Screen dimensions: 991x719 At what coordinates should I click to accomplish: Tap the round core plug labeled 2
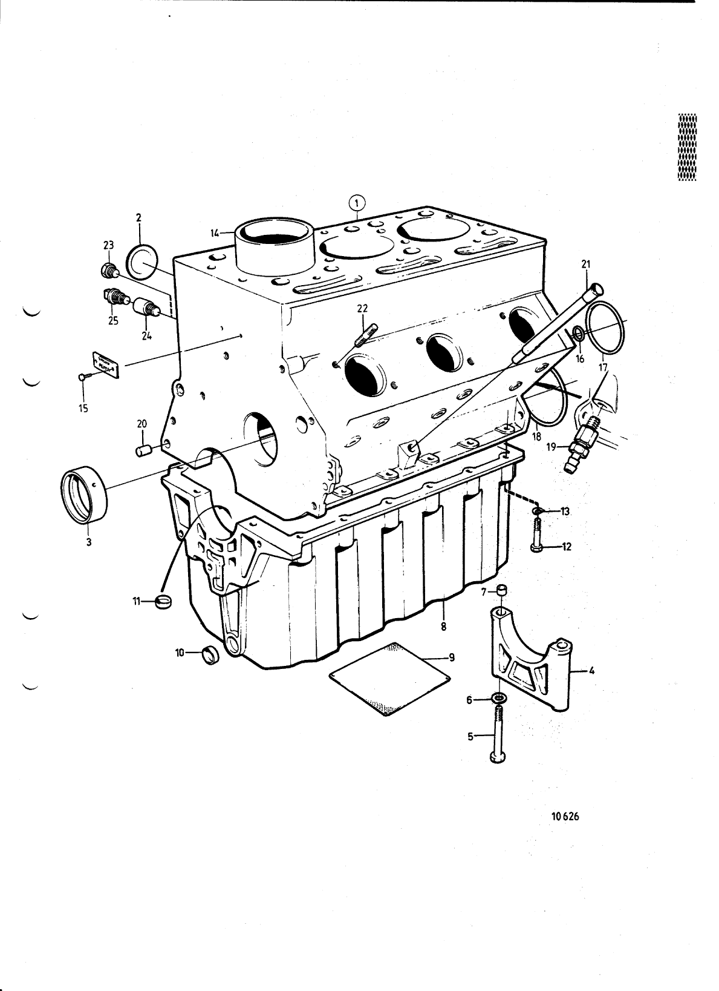pyautogui.click(x=142, y=262)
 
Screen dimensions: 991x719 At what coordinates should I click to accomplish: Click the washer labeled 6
pyautogui.click(x=499, y=700)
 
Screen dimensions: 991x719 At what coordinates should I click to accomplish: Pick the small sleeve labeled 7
pyautogui.click(x=501, y=590)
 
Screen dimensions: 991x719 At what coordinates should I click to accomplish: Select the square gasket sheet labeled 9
pyautogui.click(x=391, y=677)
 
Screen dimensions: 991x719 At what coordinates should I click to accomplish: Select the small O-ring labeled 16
pyautogui.click(x=578, y=333)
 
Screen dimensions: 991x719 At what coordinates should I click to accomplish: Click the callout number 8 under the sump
pyautogui.click(x=443, y=627)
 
